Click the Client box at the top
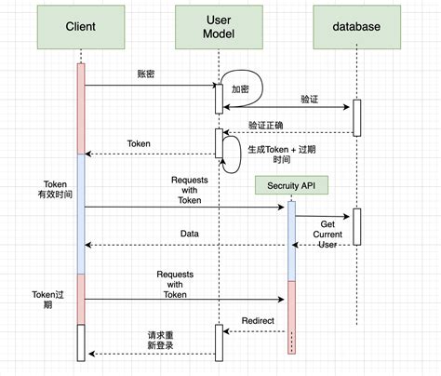click(82, 27)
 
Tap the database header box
click(355, 27)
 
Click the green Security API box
click(290, 186)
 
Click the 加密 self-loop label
click(241, 89)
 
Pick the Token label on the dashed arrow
click(140, 144)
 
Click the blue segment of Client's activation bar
click(81, 214)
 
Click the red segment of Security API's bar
click(291, 316)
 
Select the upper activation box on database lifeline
click(355, 116)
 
